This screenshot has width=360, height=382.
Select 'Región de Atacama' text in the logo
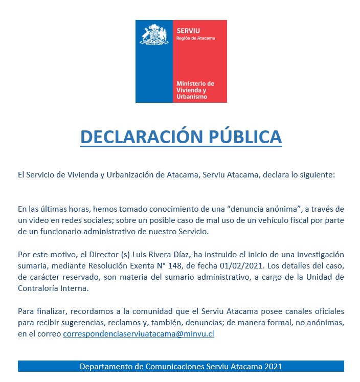[195, 38]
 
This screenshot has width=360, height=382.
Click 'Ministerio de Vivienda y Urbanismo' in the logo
[195, 90]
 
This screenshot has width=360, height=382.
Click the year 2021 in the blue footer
[273, 366]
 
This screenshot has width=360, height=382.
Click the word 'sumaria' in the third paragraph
[31, 266]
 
